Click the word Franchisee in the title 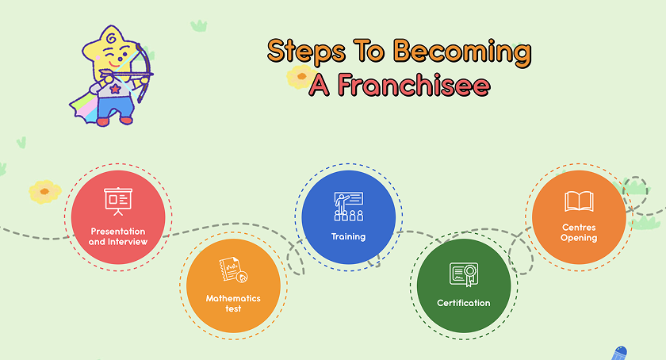coord(414,85)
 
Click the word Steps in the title coord(306,52)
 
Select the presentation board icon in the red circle coord(118,201)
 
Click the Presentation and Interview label coord(118,237)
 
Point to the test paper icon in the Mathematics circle coord(233,270)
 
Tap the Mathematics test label coord(233,304)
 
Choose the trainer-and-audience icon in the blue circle coord(349,207)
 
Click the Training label coord(348,237)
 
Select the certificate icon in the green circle coord(464,274)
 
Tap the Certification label coord(463,303)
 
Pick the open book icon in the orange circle coord(579,201)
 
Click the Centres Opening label coord(579,232)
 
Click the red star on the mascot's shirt coord(115,89)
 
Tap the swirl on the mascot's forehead coord(112,38)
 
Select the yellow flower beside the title coord(300,77)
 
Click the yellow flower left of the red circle coord(44,192)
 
